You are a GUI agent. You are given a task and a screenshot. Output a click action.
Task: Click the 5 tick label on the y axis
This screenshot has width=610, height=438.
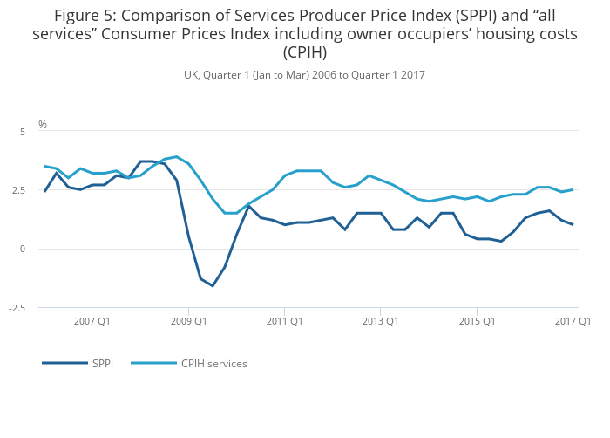coord(23,132)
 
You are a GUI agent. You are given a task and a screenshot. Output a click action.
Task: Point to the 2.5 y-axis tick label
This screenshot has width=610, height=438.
coord(19,190)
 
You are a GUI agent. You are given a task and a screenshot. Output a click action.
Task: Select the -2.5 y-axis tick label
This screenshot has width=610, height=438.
coord(18,308)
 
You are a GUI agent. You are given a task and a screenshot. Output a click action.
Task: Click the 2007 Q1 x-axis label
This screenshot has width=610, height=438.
coord(92,321)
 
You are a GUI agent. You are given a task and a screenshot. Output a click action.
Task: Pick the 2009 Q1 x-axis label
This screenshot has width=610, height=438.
coord(188,321)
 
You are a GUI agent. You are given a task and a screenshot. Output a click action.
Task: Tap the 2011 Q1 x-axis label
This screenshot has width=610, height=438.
coord(284,321)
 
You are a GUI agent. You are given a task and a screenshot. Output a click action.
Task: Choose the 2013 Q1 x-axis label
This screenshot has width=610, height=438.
coord(380,321)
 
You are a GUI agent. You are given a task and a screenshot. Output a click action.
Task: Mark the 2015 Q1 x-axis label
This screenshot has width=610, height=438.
coord(477,321)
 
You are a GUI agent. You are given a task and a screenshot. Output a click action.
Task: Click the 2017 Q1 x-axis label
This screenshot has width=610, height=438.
coord(573,321)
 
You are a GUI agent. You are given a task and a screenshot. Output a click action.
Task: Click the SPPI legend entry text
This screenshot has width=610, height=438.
coord(103,363)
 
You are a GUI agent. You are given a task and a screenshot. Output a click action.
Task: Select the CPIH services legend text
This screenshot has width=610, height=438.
coord(214,363)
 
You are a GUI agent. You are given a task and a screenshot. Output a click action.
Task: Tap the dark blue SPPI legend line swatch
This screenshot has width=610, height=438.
coord(64,363)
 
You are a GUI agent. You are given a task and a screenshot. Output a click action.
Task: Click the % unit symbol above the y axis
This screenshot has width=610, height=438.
coord(42,125)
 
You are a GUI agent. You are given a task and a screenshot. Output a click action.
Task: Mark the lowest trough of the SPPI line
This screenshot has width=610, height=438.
coord(213,286)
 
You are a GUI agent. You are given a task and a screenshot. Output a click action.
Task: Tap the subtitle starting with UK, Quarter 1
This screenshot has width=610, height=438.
coord(304,75)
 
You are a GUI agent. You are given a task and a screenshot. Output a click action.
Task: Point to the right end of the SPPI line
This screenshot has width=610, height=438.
coord(573,225)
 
